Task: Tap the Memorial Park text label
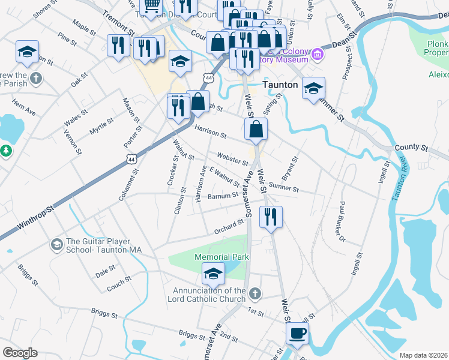click(221, 257)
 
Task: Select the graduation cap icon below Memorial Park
click(213, 274)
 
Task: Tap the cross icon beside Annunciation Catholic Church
click(255, 294)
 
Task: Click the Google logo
click(20, 353)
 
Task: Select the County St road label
click(411, 147)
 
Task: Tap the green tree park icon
click(6, 150)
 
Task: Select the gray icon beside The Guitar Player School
click(56, 244)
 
